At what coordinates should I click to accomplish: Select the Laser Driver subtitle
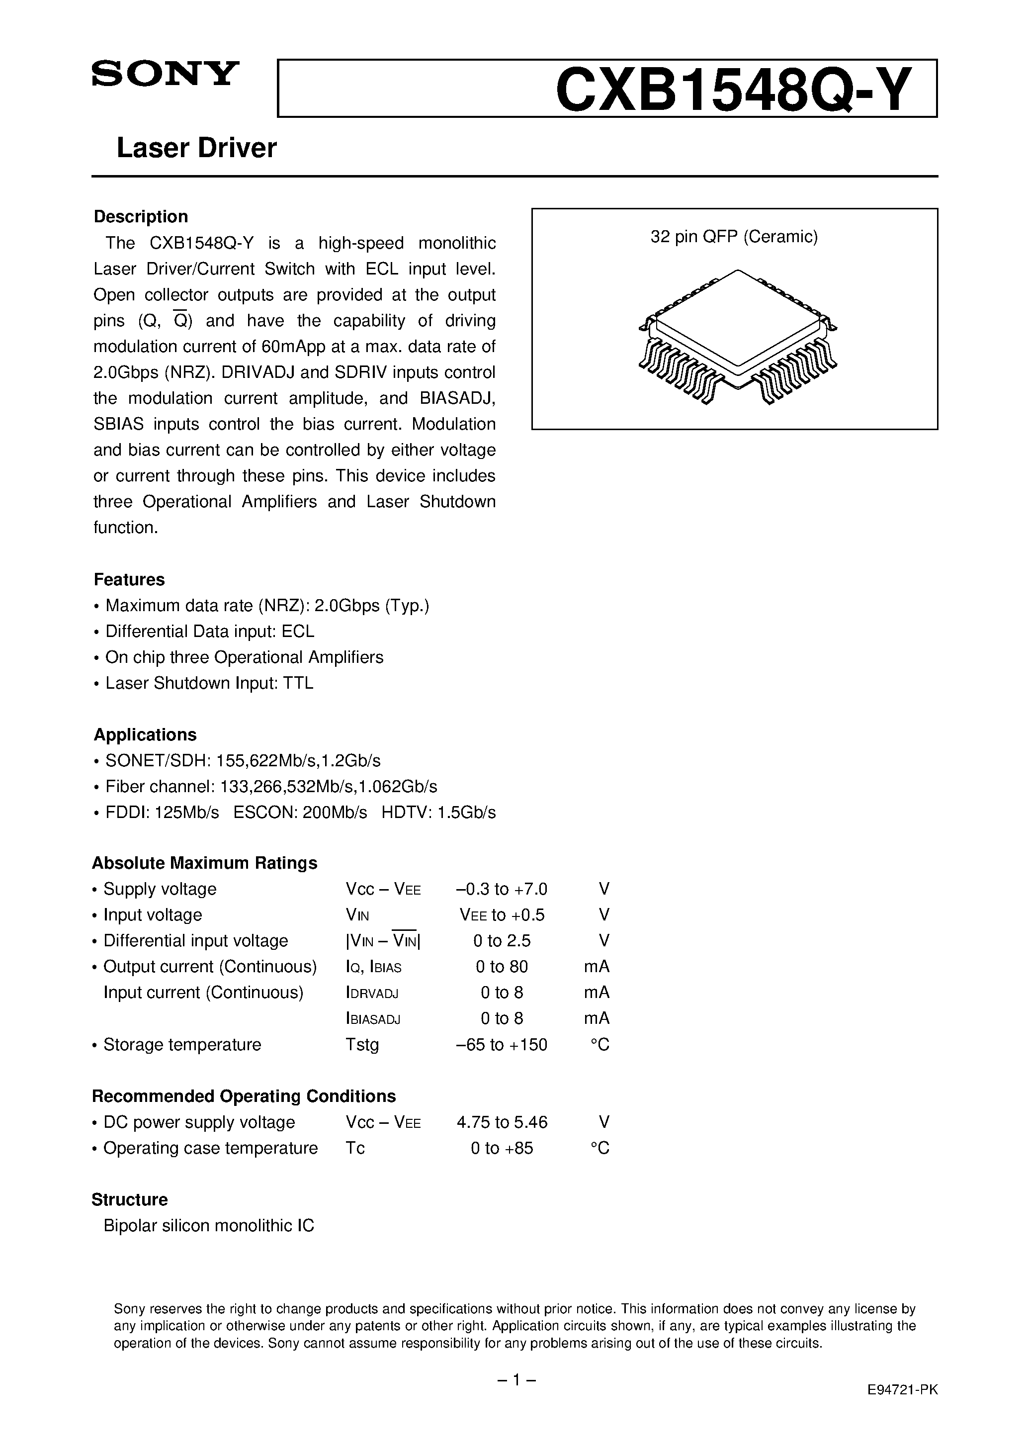coord(197,148)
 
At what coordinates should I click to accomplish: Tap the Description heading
coord(141,217)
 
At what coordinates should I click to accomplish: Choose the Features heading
coord(129,579)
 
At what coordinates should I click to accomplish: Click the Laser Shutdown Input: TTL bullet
coord(209,683)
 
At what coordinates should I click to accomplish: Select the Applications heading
coord(145,734)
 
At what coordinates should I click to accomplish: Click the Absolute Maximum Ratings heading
coord(204,863)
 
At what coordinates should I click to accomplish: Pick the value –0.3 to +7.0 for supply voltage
coord(502,889)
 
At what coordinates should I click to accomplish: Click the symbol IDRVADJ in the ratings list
coord(372,993)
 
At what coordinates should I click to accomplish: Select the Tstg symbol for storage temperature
coord(362,1045)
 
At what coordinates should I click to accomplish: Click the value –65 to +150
coord(502,1045)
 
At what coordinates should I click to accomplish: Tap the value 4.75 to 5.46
coord(502,1122)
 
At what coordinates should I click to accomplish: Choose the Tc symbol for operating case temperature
coord(355,1148)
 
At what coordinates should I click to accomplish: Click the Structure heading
coord(130,1199)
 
